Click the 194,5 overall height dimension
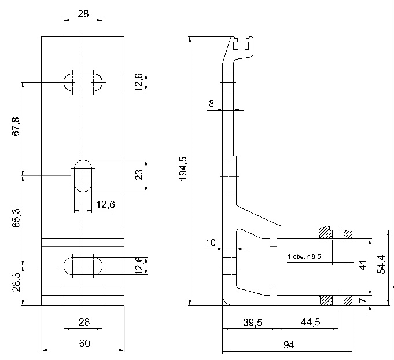click(x=183, y=168)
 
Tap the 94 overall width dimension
click(x=289, y=345)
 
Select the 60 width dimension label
click(x=84, y=343)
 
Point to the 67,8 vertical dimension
click(x=16, y=126)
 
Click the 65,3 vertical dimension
click(x=16, y=218)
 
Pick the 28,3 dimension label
click(x=16, y=282)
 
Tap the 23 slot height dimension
click(x=139, y=175)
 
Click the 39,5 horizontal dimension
click(x=252, y=322)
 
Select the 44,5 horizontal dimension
click(x=311, y=322)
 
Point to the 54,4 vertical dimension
click(x=381, y=265)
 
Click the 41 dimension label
click(x=363, y=265)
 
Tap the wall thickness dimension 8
click(x=212, y=104)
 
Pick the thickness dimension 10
click(x=211, y=243)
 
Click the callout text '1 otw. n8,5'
click(x=304, y=256)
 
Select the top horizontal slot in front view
click(x=83, y=82)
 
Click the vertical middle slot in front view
click(x=83, y=176)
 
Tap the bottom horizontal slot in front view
click(x=83, y=266)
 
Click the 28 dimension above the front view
click(x=83, y=14)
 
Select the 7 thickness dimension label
click(x=363, y=300)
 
